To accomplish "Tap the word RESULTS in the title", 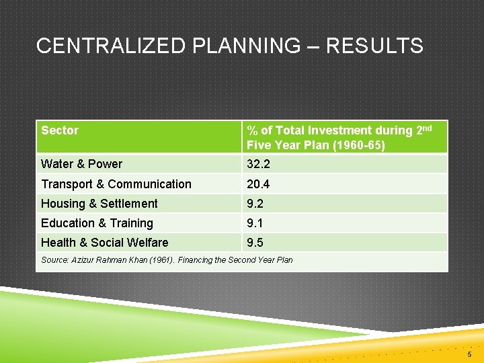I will coord(374,46).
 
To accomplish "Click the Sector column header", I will coord(60,130).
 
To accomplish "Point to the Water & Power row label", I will coord(81,164).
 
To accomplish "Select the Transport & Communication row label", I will coord(116,184).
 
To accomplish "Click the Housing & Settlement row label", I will coord(99,204).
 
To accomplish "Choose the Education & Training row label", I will coord(97,223).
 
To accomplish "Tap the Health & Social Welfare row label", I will coord(104,243).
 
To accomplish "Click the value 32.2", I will coord(258,164).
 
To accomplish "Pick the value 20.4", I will coord(258,184).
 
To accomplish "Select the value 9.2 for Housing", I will coord(255,204).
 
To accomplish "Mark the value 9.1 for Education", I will coord(255,223).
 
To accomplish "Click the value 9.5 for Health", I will coord(255,243).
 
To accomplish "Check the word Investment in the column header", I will coord(344,130).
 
